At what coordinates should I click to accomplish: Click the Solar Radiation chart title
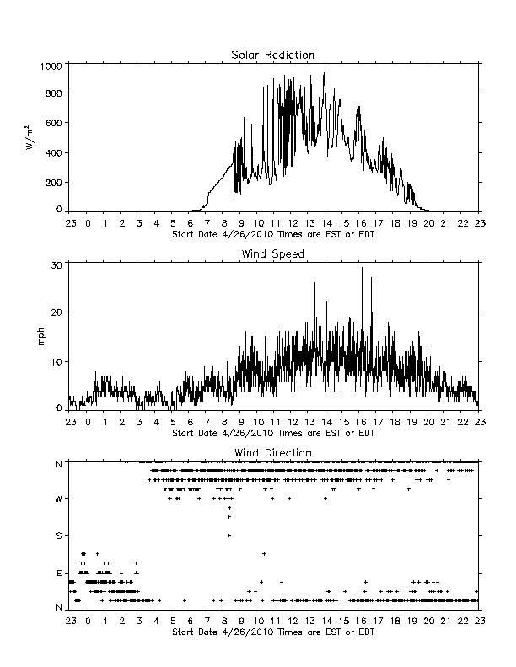(x=272, y=55)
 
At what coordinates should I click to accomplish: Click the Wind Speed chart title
(x=272, y=254)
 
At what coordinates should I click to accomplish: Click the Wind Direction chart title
(x=273, y=452)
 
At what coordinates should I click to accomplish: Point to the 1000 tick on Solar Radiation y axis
(x=51, y=67)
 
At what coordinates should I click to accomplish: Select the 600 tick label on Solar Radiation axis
(x=54, y=123)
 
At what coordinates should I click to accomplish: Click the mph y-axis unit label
(x=40, y=337)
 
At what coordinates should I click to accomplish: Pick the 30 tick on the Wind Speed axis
(x=56, y=265)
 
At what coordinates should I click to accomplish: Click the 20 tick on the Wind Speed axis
(x=56, y=312)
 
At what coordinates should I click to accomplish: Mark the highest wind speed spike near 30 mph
(x=363, y=268)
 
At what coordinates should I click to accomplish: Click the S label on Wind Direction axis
(x=59, y=536)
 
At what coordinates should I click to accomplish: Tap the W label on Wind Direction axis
(x=59, y=499)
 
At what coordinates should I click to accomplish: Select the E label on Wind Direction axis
(x=59, y=574)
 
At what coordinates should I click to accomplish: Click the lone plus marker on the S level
(x=229, y=536)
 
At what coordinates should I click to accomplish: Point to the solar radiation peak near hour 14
(x=324, y=73)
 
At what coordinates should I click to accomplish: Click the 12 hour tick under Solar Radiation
(x=293, y=223)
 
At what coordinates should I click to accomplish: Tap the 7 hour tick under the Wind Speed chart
(x=207, y=423)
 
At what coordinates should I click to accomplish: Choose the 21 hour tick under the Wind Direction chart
(x=446, y=621)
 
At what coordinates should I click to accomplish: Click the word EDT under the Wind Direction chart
(x=367, y=632)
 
